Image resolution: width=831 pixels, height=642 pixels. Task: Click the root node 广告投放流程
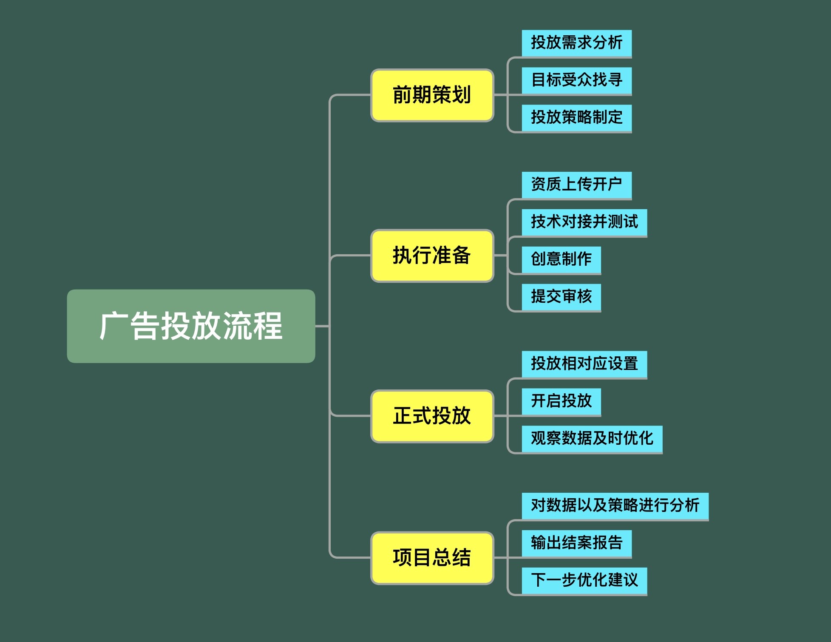click(191, 326)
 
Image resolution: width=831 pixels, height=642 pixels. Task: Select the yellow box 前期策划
click(432, 95)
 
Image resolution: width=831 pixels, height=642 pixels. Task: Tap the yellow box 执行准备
click(432, 256)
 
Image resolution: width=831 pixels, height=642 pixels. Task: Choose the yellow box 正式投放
click(432, 416)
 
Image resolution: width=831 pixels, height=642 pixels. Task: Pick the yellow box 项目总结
click(432, 557)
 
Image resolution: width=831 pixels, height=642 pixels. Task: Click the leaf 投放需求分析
click(576, 43)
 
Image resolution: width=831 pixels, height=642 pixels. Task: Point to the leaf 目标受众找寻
click(576, 80)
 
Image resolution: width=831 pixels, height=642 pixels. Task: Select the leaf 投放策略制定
click(576, 118)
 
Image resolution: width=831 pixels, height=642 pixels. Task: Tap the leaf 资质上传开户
click(576, 185)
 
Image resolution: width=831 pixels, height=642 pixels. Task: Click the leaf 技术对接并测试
click(584, 222)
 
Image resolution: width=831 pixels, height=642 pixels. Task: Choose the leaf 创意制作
click(561, 259)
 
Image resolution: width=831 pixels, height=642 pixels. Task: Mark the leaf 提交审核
click(561, 297)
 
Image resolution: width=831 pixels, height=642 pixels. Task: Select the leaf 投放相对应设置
click(584, 364)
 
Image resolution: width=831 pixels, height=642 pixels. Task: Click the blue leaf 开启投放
click(561, 401)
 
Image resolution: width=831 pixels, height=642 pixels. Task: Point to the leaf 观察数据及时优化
click(592, 439)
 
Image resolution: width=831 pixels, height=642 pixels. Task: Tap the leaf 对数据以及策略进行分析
click(615, 506)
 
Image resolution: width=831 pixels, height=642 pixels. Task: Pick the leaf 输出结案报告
click(576, 543)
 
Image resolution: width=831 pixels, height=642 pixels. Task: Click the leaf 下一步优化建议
click(584, 580)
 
